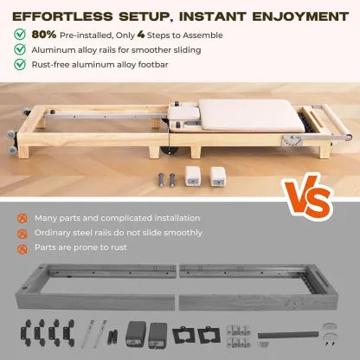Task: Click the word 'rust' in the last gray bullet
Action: click(121, 247)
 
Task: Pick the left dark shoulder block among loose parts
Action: click(134, 332)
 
